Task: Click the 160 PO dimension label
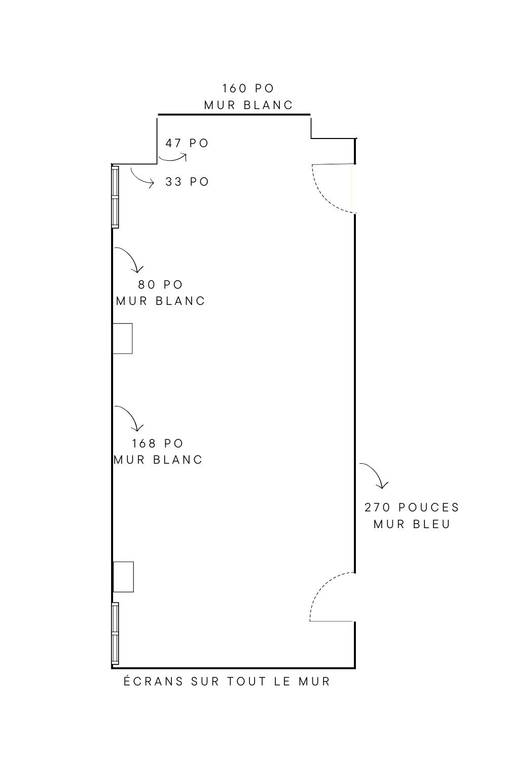[248, 88]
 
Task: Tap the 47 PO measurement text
[187, 144]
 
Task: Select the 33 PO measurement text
[187, 182]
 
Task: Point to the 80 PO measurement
[160, 285]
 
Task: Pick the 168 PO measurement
[158, 443]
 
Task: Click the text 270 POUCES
[412, 507]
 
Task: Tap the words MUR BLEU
[412, 524]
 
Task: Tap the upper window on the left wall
[116, 197]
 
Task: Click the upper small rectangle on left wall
[122, 338]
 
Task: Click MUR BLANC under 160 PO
[248, 106]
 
